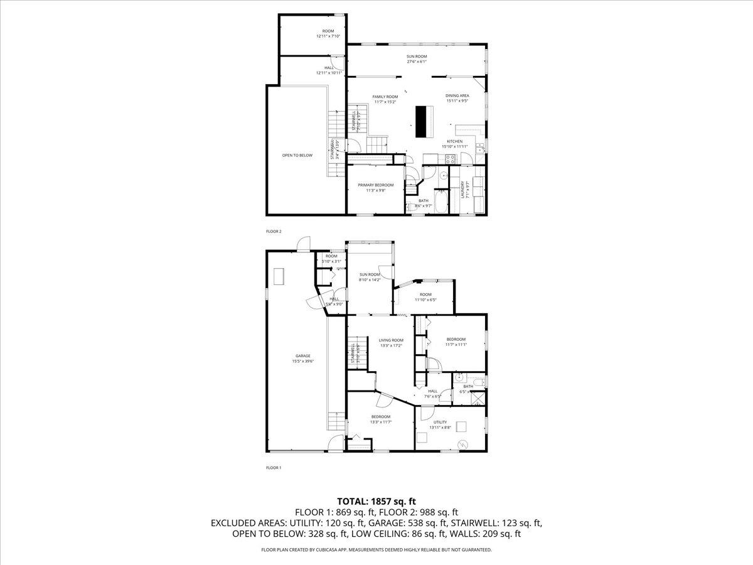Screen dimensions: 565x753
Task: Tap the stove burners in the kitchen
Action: pyautogui.click(x=450, y=158)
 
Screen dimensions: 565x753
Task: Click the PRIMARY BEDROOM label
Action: pyautogui.click(x=375, y=185)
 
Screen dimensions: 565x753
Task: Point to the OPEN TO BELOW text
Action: pyautogui.click(x=297, y=155)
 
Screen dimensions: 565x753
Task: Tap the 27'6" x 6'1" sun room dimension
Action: pyautogui.click(x=417, y=62)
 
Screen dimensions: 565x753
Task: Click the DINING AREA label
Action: pyautogui.click(x=457, y=95)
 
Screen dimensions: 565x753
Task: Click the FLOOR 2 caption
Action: pyautogui.click(x=274, y=231)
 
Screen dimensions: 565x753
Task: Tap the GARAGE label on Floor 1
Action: pyautogui.click(x=303, y=356)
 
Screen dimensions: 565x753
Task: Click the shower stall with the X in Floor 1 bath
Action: pyautogui.click(x=478, y=397)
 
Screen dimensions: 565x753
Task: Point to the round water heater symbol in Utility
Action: pyautogui.click(x=463, y=444)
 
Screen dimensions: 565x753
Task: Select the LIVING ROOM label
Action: pyautogui.click(x=391, y=340)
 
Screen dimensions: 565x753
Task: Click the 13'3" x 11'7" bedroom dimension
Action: pyautogui.click(x=381, y=422)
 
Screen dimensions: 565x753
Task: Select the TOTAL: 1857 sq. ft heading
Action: pyautogui.click(x=376, y=501)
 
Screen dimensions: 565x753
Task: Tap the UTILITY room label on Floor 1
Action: pyautogui.click(x=440, y=422)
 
